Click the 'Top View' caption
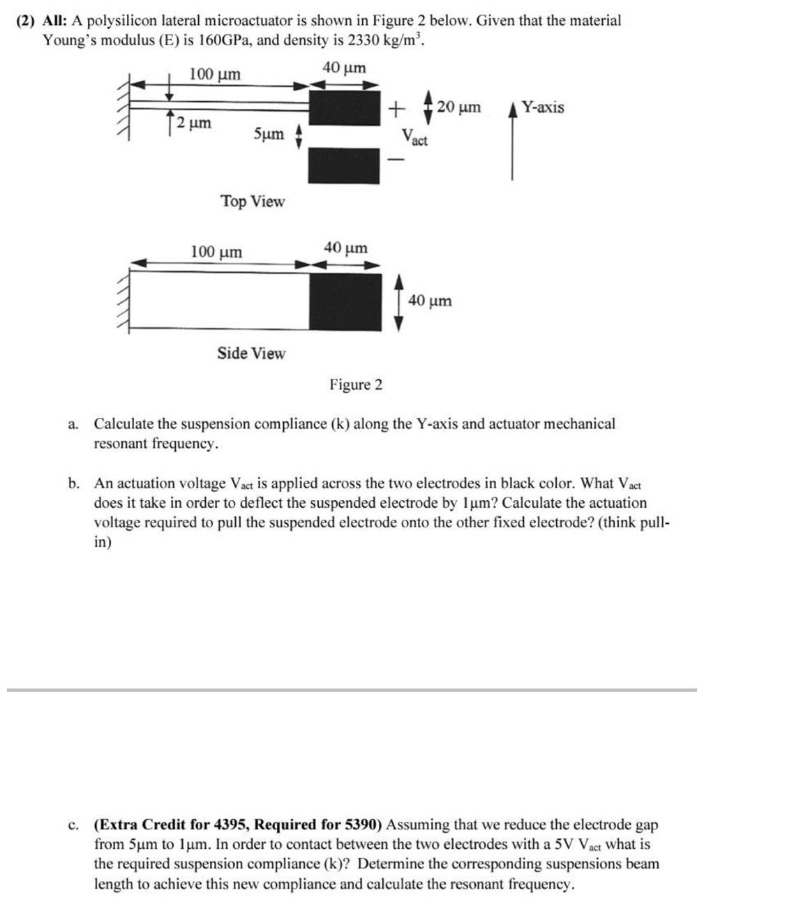[253, 202]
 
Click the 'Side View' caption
[251, 353]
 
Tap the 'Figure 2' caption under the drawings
[356, 385]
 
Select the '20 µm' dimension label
[459, 107]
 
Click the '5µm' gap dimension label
[269, 133]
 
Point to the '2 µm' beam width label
[193, 123]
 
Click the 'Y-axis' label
[543, 107]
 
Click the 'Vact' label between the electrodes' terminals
[415, 137]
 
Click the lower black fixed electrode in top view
[345, 166]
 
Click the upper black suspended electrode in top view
[345, 107]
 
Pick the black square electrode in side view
[346, 301]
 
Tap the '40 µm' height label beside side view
[430, 301]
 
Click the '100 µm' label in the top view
[215, 75]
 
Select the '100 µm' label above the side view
[217, 252]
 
